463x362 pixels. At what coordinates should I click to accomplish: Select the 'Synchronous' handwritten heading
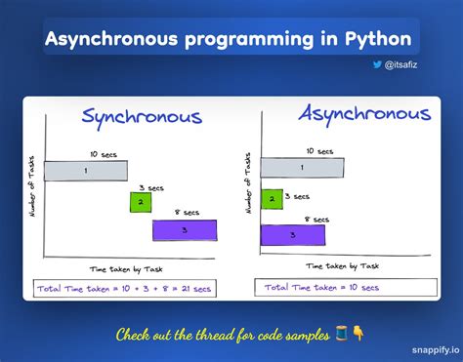pyautogui.click(x=142, y=117)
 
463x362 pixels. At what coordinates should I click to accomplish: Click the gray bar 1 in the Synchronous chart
pyautogui.click(x=86, y=171)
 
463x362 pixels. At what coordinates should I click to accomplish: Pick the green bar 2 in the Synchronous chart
pyautogui.click(x=142, y=201)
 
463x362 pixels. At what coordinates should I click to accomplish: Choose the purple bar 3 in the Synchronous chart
pyautogui.click(x=185, y=230)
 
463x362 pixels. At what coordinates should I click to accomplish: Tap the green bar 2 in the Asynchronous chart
pyautogui.click(x=272, y=199)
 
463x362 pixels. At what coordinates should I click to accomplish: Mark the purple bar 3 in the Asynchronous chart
pyautogui.click(x=292, y=234)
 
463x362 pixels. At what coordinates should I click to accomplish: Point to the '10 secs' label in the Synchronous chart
pyautogui.click(x=105, y=154)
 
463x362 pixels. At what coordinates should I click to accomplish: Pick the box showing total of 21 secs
pyautogui.click(x=124, y=289)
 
